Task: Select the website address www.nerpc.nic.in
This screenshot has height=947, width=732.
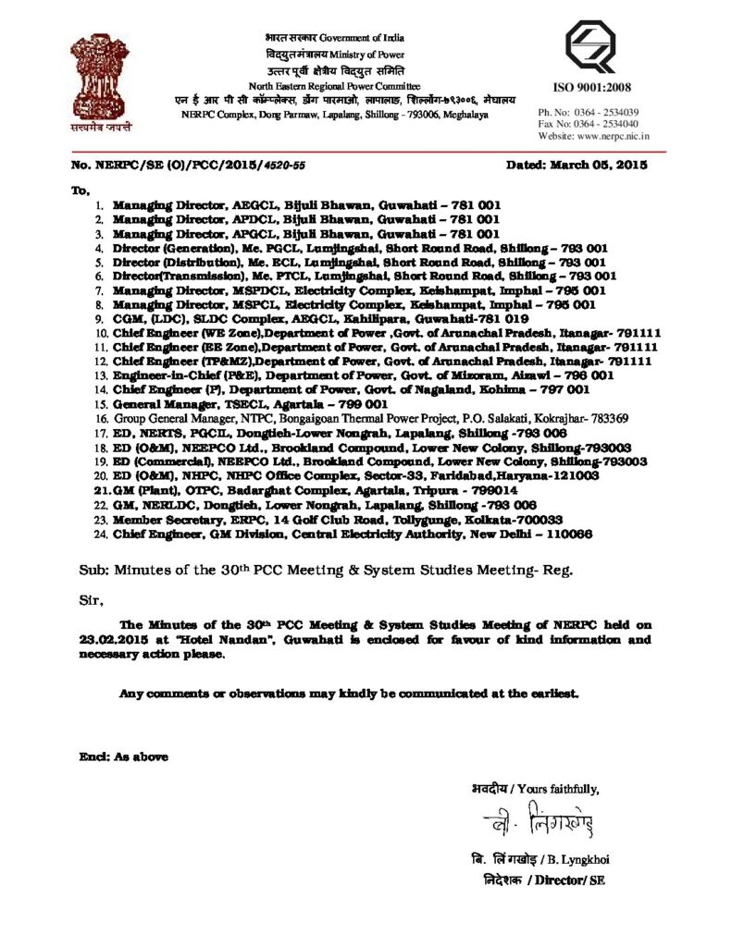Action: click(x=626, y=136)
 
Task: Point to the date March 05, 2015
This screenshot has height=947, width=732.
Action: click(x=603, y=164)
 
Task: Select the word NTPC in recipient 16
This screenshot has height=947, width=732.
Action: click(x=230, y=418)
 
